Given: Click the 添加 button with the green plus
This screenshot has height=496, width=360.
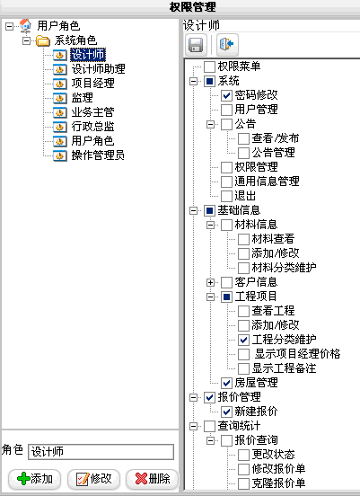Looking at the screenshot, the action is point(35,479).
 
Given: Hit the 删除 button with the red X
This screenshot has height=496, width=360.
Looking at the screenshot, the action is point(152,479).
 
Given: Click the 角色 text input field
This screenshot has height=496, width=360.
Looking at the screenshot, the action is point(101,451).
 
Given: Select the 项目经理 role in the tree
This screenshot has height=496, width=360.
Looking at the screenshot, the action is point(92,84).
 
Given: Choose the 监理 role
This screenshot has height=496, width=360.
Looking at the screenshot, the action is point(82,98).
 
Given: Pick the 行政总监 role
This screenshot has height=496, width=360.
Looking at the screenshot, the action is point(92,127).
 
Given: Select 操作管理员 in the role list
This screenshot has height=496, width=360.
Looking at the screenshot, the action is point(98,155).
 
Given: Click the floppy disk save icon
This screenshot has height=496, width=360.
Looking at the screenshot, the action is point(196,45).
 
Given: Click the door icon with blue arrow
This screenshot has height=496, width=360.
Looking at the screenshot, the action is point(227,45).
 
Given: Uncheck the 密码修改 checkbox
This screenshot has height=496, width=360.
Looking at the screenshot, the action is point(226,95).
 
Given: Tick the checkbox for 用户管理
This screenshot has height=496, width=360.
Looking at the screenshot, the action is point(226,110).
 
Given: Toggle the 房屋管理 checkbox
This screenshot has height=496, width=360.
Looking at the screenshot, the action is point(226,383).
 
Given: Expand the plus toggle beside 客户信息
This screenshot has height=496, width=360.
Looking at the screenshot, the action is point(210,282).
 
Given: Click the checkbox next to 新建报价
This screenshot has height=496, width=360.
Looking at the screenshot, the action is point(226,412).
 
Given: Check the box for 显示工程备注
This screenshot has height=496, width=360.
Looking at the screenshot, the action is point(243,368).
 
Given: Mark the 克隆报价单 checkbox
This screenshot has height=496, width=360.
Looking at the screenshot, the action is point(243,483).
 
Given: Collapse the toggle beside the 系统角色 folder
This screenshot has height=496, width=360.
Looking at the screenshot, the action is point(27,40).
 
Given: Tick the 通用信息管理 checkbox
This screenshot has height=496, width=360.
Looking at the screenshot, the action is point(226,182).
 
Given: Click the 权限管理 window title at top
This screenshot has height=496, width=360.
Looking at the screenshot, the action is point(192,6).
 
